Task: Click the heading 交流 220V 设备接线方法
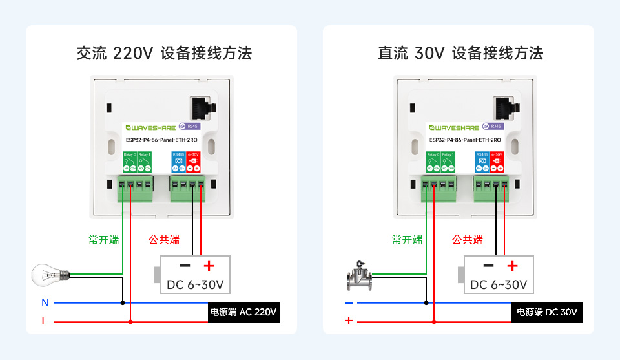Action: pos(164,53)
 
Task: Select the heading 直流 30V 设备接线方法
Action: pos(460,53)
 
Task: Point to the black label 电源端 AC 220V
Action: pos(243,313)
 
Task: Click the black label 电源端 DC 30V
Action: pos(547,313)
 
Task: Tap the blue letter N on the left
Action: pos(45,302)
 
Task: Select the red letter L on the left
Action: pos(45,321)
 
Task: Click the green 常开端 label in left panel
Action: pos(104,240)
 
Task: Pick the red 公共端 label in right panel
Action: pos(468,240)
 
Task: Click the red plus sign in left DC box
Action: pos(208,266)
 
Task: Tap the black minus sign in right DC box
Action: pos(489,266)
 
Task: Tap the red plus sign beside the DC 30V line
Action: pos(349,321)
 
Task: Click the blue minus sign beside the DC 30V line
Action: pos(349,302)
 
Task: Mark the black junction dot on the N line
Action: pos(123,302)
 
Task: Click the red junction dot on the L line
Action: pos(131,321)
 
